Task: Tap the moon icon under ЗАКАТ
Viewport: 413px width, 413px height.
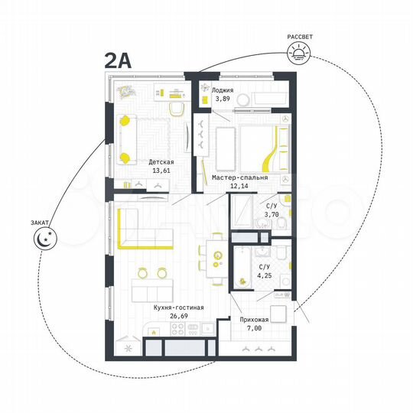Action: pos(43,240)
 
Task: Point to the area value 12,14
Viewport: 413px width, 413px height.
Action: pos(239,187)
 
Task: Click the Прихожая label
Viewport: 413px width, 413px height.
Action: pos(253,322)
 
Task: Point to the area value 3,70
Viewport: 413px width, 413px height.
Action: pos(271,216)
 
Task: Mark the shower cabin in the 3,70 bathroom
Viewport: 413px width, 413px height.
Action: pos(245,210)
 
